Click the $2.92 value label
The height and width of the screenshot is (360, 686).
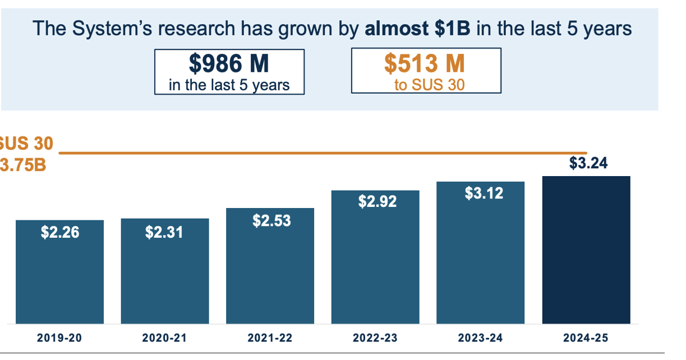click(377, 201)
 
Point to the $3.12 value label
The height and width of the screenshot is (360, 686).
click(484, 193)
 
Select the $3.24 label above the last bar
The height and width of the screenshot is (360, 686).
click(588, 163)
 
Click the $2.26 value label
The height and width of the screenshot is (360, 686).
click(60, 232)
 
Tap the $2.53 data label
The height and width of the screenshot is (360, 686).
click(271, 220)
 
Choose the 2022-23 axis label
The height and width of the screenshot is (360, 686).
click(375, 338)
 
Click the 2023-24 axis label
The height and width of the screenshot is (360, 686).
click(481, 338)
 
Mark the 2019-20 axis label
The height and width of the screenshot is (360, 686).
click(59, 338)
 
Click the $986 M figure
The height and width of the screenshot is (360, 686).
click(229, 64)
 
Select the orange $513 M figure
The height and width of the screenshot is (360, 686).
click(425, 64)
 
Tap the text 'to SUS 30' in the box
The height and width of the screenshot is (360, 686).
click(429, 86)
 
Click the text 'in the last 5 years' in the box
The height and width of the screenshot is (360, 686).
click(229, 85)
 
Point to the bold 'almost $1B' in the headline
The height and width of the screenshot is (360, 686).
click(417, 28)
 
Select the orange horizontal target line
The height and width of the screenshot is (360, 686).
click(323, 153)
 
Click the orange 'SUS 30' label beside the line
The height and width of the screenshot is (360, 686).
click(26, 144)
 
